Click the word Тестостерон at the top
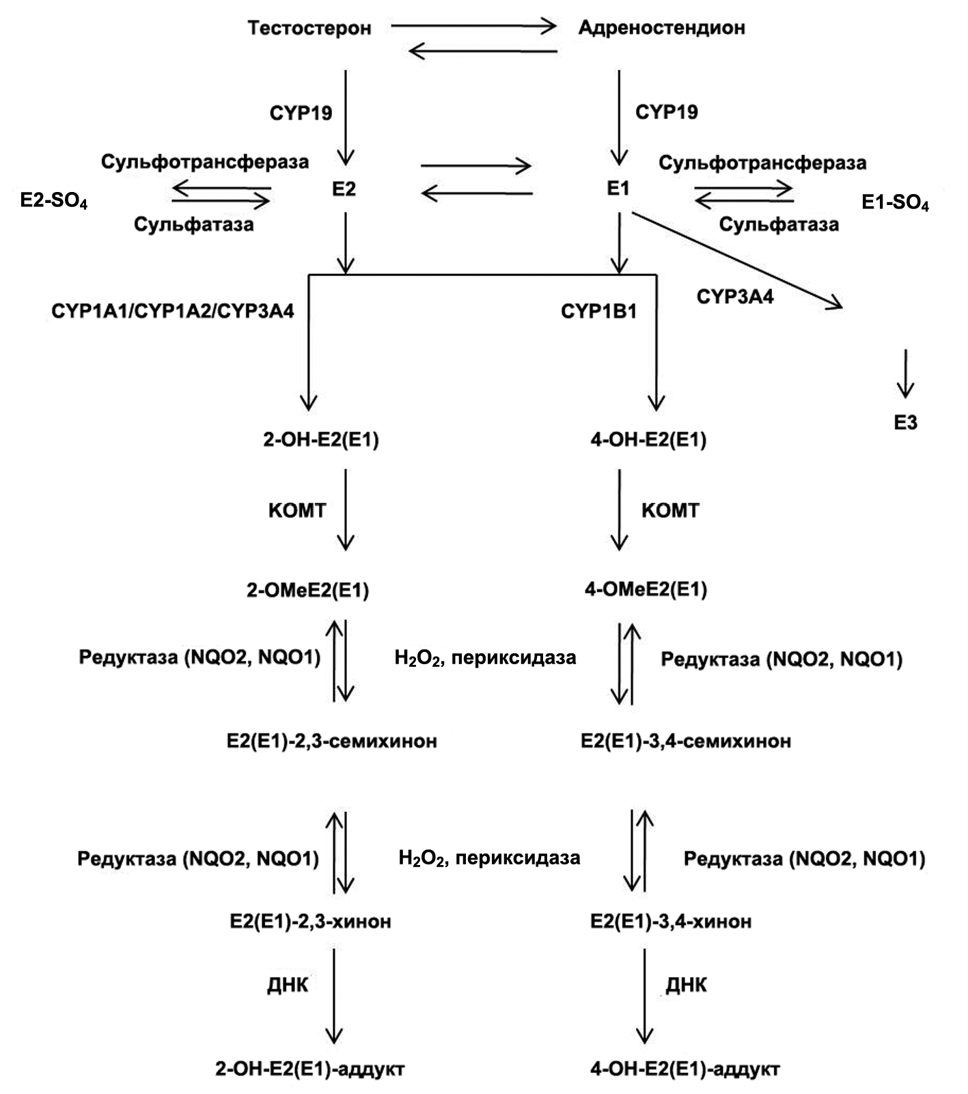(309, 28)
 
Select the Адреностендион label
(661, 28)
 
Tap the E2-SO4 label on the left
(54, 201)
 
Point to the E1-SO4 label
(895, 203)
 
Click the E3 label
(906, 423)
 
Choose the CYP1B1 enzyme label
(598, 312)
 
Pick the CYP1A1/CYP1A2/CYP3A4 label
(173, 312)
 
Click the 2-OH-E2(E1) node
(321, 439)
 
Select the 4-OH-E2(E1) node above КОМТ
(648, 439)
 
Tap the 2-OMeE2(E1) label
(307, 590)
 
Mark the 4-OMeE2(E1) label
(646, 589)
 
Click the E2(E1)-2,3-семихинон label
(332, 741)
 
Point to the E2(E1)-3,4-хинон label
(671, 921)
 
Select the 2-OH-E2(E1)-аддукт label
(310, 1068)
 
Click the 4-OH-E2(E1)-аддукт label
(684, 1068)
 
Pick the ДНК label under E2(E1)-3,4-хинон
(687, 985)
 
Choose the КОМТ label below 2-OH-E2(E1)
(297, 510)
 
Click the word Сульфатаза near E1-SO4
(779, 224)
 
